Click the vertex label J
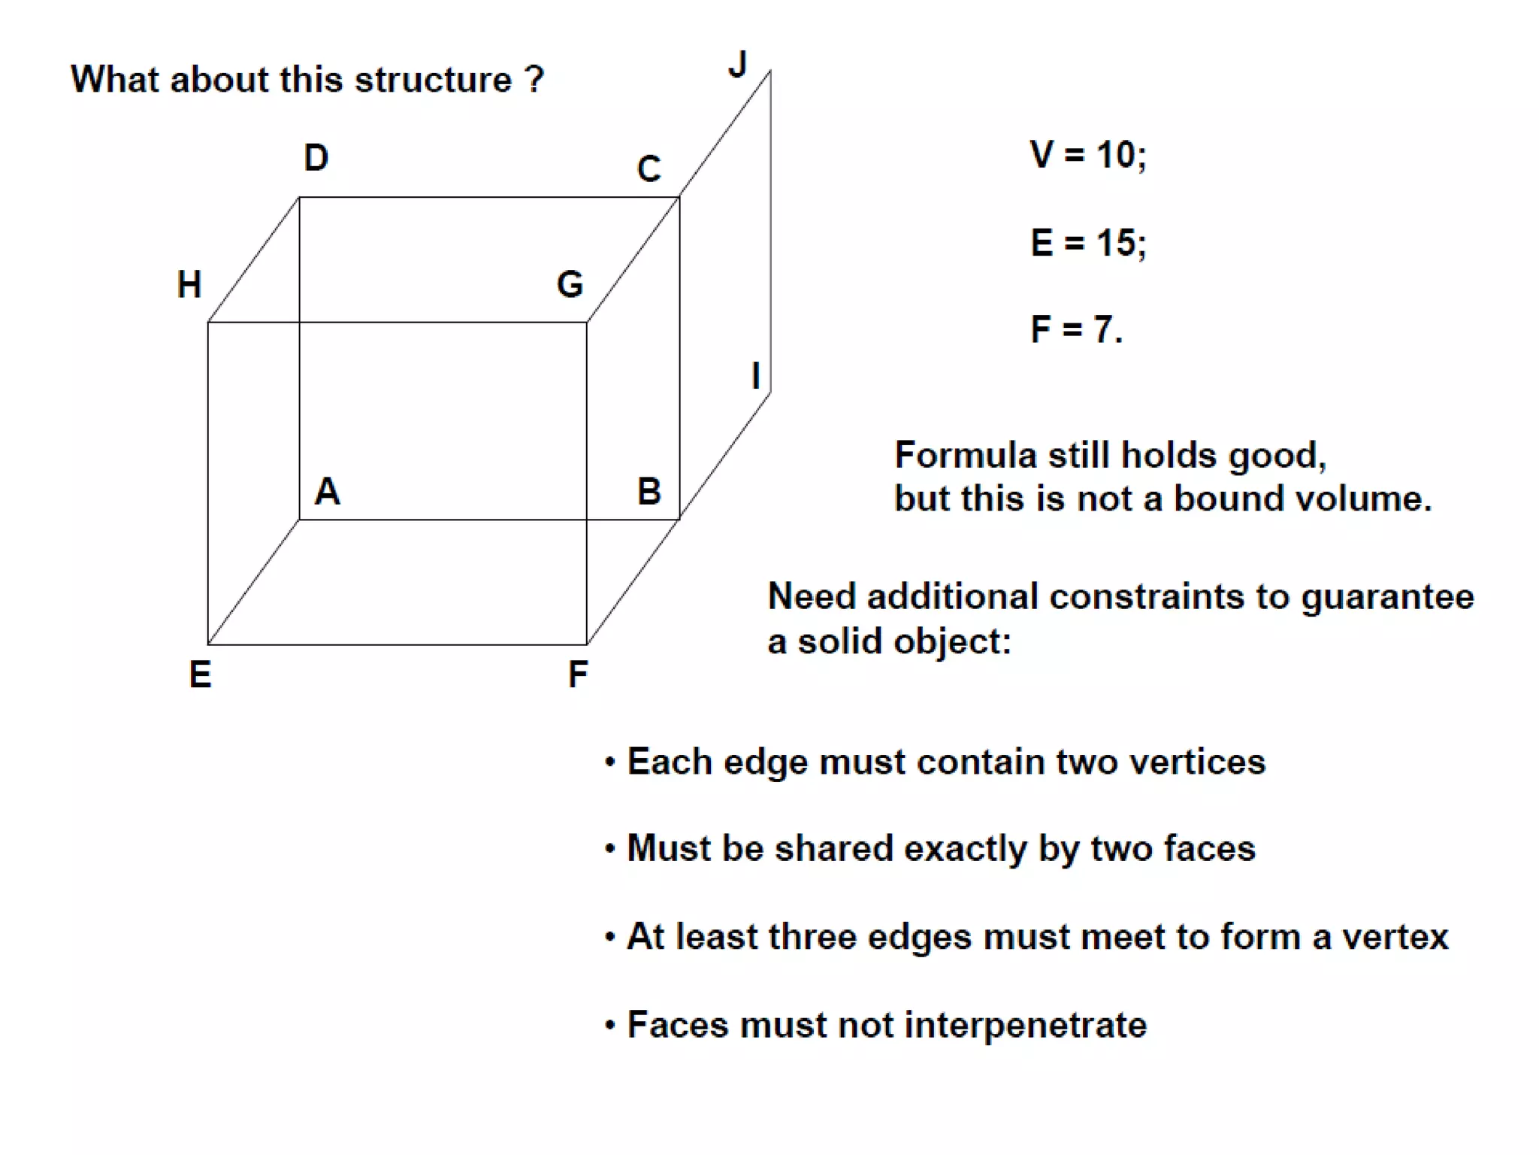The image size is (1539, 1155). point(738,65)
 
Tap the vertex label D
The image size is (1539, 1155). point(316,158)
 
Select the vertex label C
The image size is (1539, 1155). point(649,169)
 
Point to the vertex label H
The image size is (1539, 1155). point(189,285)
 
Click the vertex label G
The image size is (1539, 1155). point(570,285)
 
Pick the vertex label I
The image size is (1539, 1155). point(756,375)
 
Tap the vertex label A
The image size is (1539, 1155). point(328,492)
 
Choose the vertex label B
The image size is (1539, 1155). point(649,492)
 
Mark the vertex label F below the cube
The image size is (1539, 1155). point(577,675)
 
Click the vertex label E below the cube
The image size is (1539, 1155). point(200,675)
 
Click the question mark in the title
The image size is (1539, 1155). point(534,80)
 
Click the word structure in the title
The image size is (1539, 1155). point(434,80)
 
